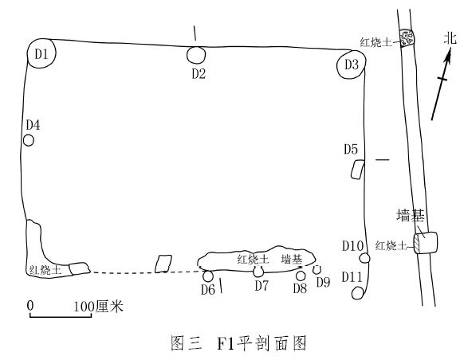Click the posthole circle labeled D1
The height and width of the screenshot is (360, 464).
point(41,53)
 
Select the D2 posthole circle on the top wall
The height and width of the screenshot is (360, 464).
point(196,55)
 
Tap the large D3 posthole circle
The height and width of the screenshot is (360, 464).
point(352,65)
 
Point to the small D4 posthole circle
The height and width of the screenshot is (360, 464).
point(29,140)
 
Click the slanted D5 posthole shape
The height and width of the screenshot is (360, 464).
point(357,170)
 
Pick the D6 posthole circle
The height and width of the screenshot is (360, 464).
point(208,276)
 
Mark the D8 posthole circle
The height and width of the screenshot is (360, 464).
point(301,276)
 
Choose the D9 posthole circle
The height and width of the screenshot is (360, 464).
point(317,269)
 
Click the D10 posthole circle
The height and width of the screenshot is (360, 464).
point(364,258)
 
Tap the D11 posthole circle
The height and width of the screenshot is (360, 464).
point(358,293)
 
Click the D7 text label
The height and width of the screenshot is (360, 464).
point(261,285)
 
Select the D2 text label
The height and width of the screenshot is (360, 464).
point(199,73)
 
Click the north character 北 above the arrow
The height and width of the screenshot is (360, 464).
point(450,38)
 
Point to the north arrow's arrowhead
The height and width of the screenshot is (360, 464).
point(446,57)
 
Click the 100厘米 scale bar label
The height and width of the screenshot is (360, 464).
point(98,307)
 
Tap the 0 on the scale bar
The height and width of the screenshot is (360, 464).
point(30,306)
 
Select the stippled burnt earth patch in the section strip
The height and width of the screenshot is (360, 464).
point(407,37)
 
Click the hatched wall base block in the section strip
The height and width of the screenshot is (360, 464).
point(425,243)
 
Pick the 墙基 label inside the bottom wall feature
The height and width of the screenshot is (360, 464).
point(292,259)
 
